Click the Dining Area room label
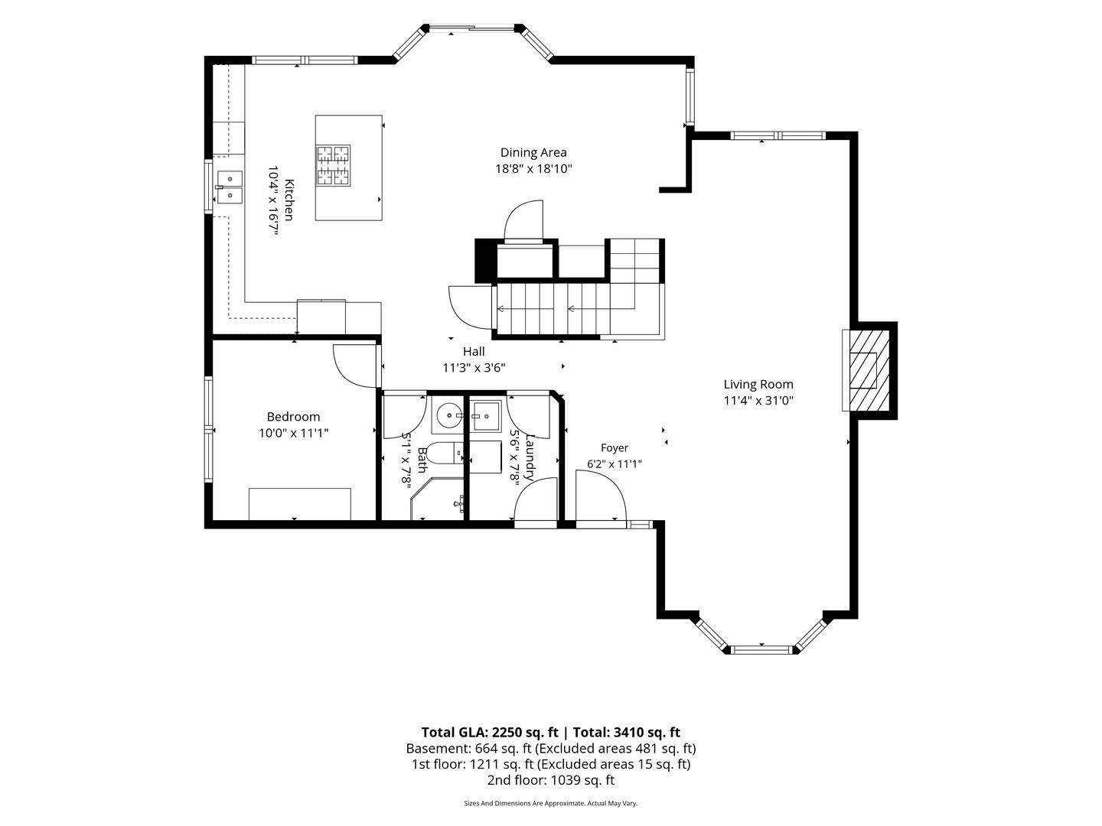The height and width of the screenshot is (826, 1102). [x=533, y=152]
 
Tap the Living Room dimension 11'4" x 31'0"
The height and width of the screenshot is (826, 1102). [x=758, y=401]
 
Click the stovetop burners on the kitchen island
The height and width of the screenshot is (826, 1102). [x=332, y=165]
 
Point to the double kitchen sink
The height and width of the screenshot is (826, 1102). [x=230, y=187]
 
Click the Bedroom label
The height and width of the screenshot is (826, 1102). [x=293, y=417]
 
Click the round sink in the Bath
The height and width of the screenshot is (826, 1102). [x=448, y=416]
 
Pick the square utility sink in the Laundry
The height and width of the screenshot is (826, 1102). [x=485, y=416]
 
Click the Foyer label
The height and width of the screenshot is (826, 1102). [x=614, y=448]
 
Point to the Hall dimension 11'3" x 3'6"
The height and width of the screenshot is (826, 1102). [x=474, y=368]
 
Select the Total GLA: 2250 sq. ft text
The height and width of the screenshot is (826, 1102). [x=490, y=733]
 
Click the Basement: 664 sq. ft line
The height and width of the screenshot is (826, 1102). [x=551, y=749]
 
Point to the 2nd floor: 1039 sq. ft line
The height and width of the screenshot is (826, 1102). [x=551, y=780]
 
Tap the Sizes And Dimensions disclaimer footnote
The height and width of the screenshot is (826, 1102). [x=551, y=803]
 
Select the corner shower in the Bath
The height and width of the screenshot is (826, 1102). [x=437, y=499]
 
